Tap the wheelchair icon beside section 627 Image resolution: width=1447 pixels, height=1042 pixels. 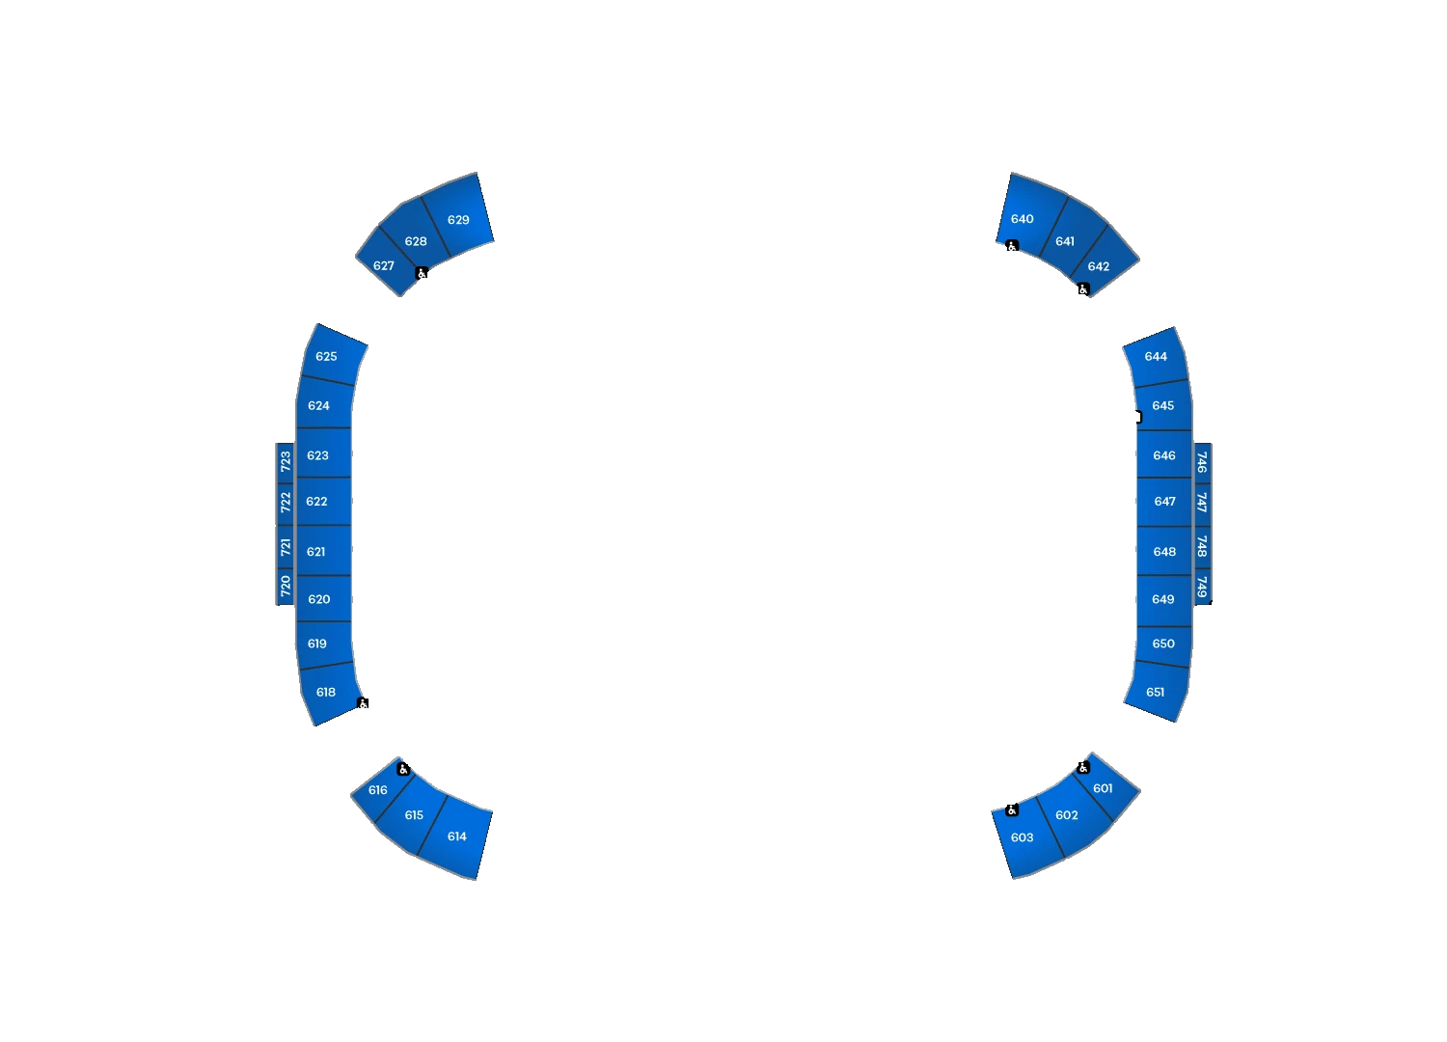tap(422, 273)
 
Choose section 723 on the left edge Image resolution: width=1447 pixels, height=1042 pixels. tap(286, 462)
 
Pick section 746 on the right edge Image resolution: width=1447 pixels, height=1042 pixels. tap(1202, 462)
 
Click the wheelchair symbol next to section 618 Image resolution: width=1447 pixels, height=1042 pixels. tap(363, 702)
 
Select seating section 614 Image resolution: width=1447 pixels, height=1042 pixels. tap(456, 836)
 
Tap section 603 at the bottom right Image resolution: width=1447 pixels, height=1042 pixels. tap(1025, 838)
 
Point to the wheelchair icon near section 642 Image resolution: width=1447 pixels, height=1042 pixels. tap(1084, 289)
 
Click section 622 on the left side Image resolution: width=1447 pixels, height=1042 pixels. tap(323, 502)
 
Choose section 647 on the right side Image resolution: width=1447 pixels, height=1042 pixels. tap(1164, 502)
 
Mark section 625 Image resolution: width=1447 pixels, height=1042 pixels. tap(332, 356)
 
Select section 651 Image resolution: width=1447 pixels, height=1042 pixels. tap(1159, 691)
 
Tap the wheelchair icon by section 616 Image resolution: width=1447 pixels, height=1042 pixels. tap(404, 769)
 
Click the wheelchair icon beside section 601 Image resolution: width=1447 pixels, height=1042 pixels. tap(1084, 767)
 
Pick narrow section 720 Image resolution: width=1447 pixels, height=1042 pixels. tap(286, 587)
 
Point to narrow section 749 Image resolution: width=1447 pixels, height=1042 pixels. tap(1202, 587)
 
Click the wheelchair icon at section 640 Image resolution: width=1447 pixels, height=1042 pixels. tap(1012, 245)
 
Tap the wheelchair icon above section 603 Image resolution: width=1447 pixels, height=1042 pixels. tap(1012, 810)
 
